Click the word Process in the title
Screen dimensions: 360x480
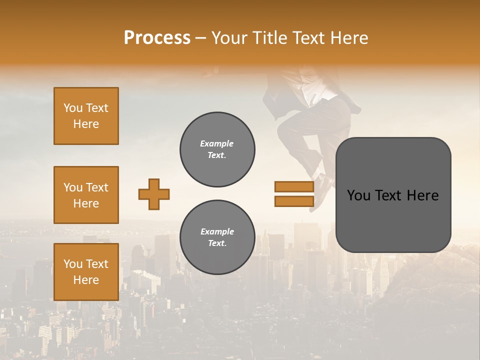coord(157,38)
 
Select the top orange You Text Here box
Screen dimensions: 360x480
coord(86,116)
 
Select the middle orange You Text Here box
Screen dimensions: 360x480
coord(86,195)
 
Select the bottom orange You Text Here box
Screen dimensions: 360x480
coord(86,272)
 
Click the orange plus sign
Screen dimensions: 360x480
coord(154,194)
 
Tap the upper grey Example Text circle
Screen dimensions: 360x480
coord(217,149)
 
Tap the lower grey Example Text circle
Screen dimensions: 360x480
coord(217,237)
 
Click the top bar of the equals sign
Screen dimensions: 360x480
coord(294,187)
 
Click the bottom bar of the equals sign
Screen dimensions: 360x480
coord(294,201)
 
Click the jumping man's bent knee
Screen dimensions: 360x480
coord(287,125)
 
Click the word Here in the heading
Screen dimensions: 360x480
coord(350,38)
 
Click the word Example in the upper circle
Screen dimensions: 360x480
coord(217,143)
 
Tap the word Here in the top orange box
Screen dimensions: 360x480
coord(86,124)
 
